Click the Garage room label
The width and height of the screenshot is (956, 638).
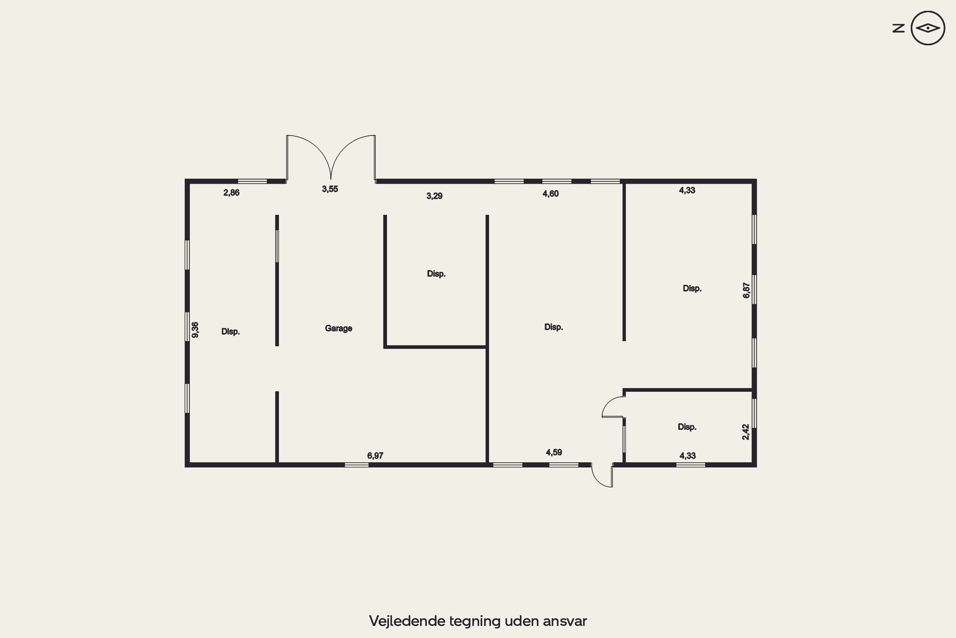[x=338, y=328]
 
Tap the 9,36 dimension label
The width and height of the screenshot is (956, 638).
[x=195, y=330]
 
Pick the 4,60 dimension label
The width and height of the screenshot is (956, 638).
[x=551, y=194]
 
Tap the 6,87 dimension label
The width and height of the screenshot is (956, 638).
[x=746, y=291]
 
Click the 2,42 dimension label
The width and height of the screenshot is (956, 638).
[x=745, y=432]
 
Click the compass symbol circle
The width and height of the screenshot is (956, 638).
[x=928, y=28]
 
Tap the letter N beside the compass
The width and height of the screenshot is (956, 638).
[x=898, y=28]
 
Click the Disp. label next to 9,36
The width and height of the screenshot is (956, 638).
[x=230, y=332]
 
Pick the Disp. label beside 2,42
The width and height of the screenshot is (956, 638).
[x=687, y=427]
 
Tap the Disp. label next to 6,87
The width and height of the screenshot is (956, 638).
[x=692, y=288]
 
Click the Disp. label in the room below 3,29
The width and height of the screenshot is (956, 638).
[x=436, y=274]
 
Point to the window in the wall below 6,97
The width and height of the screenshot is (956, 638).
[x=357, y=465]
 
